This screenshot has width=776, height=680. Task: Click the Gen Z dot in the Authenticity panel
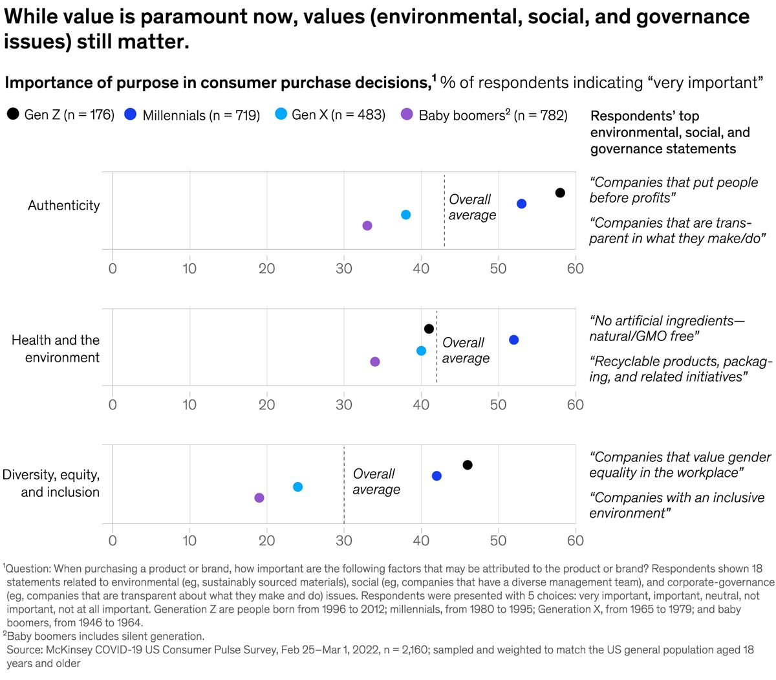560,193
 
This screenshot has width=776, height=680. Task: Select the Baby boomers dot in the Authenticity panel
367,226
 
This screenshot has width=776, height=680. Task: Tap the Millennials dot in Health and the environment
513,340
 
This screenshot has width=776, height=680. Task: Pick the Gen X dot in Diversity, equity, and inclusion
297,487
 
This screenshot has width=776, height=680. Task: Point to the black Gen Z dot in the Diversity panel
468,465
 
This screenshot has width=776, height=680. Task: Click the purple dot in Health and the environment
375,362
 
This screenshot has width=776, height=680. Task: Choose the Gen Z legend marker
13,115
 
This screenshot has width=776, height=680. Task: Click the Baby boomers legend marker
407,115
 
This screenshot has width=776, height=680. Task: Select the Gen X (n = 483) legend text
338,115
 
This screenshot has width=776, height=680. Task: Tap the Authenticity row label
64,206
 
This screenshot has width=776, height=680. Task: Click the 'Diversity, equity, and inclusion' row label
51,483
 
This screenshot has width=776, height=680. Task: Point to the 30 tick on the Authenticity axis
344,269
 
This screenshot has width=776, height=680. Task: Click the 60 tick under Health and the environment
575,405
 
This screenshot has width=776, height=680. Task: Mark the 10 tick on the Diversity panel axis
189,541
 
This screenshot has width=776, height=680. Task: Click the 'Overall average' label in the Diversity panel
376,482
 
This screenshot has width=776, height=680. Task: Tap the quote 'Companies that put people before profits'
673,190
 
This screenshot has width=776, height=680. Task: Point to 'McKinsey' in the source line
70,650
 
